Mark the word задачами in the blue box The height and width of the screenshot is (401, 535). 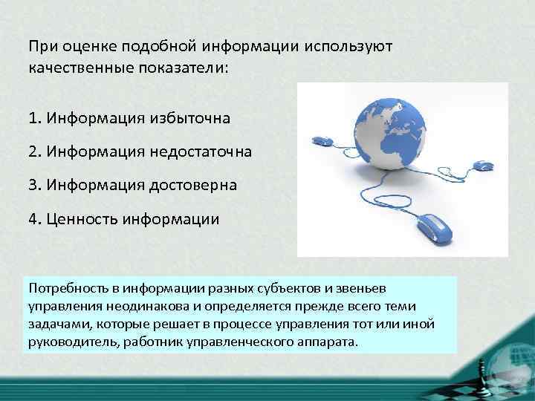(x=57, y=325)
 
